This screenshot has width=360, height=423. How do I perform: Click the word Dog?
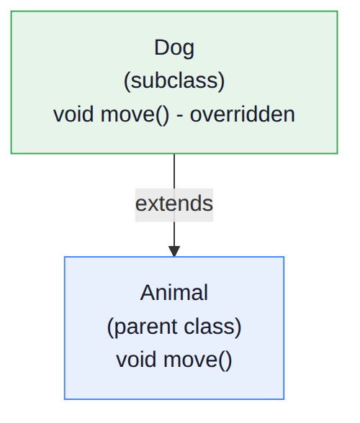[174, 48]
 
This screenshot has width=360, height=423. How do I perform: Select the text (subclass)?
[174, 81]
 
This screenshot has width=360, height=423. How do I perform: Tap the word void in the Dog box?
[73, 114]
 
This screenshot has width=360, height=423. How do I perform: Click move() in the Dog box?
[135, 115]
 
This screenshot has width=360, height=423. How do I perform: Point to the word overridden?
[242, 114]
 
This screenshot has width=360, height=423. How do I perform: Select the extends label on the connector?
[174, 204]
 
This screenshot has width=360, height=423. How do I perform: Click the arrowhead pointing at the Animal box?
[174, 251]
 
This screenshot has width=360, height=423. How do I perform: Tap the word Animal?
[174, 293]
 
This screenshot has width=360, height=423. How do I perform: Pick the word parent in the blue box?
[145, 327]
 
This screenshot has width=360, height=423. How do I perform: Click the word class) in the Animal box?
[212, 327]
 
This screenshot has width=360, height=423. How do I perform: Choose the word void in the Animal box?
[136, 360]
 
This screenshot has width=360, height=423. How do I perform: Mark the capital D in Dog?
[161, 47]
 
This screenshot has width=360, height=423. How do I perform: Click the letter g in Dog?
[189, 50]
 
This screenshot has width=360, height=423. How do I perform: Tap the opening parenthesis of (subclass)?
[127, 81]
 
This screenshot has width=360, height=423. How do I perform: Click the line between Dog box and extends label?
[174, 171]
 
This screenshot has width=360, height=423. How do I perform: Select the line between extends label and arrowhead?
[174, 234]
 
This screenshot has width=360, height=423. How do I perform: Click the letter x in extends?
[153, 204]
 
